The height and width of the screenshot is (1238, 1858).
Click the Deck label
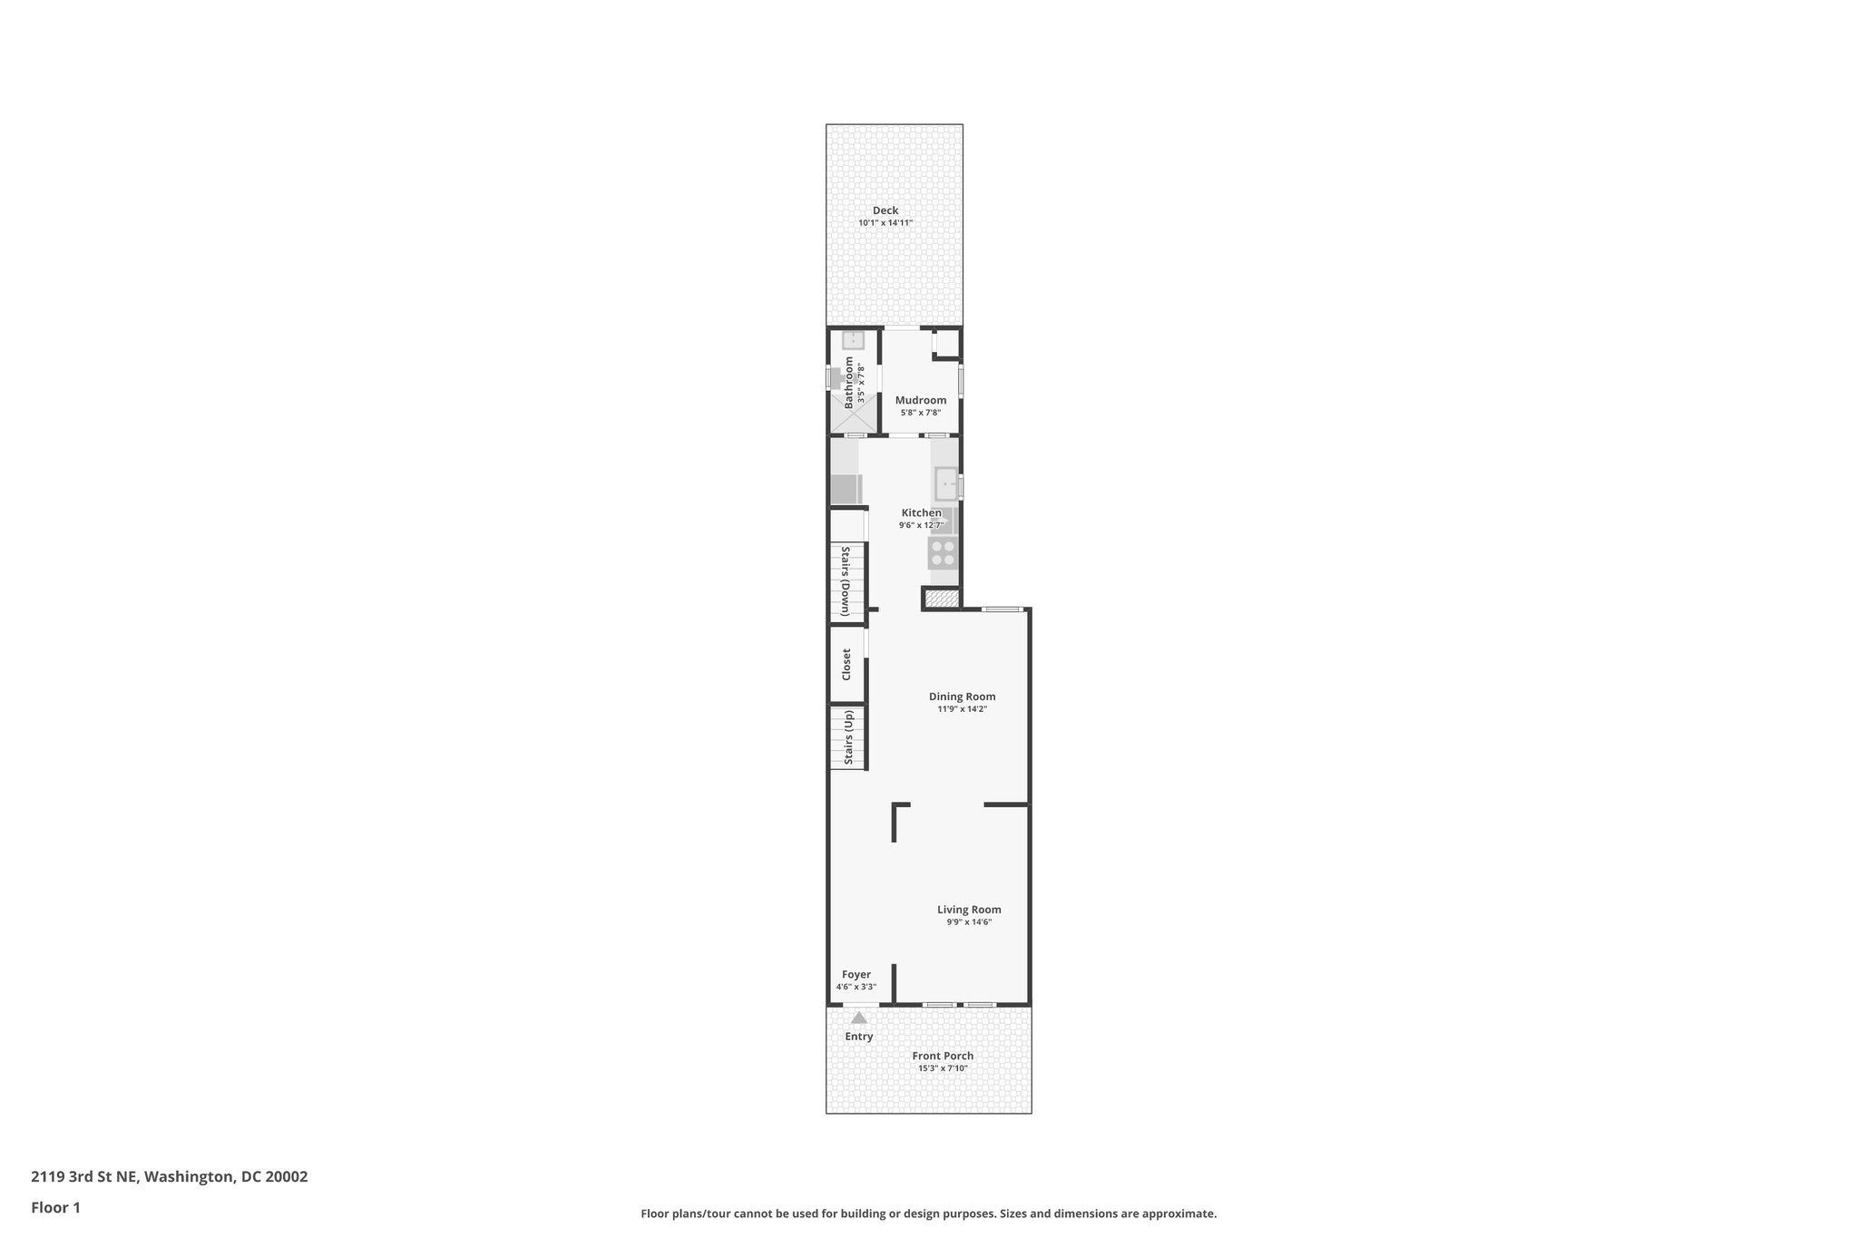coord(885,210)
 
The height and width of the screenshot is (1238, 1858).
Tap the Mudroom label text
coord(920,400)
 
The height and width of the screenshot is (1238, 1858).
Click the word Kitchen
coord(921,512)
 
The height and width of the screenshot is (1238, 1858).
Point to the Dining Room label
coord(962,697)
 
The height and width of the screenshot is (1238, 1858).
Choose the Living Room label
coord(969,910)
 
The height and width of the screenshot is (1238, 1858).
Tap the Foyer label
coord(856,975)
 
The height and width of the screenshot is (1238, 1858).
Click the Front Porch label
coord(943,1056)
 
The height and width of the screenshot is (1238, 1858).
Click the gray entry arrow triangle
coord(858,1018)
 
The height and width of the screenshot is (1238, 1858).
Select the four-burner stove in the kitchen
coord(943,553)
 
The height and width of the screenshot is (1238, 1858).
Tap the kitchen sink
coord(946,484)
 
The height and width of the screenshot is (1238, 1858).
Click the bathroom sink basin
coord(853,341)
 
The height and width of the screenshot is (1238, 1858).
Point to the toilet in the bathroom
coord(836,378)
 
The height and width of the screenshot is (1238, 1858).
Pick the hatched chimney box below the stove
coord(942,599)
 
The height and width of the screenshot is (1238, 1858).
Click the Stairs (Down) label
coord(845,581)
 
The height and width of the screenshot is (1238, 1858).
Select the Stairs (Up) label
coord(849,737)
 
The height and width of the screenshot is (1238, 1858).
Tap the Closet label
coord(846,664)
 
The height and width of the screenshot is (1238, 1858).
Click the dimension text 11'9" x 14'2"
coord(962,709)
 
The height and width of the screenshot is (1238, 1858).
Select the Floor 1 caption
coord(55,1207)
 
